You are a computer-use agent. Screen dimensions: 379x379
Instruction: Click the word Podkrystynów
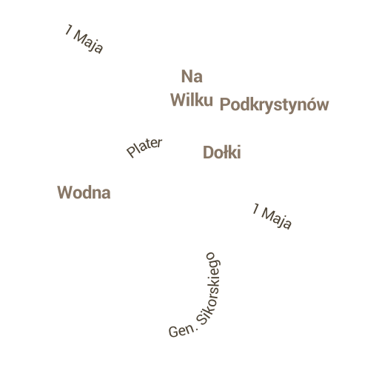[x=274, y=105]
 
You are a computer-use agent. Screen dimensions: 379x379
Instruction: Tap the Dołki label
[x=222, y=152]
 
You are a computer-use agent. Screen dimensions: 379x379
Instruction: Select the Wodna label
[x=84, y=192]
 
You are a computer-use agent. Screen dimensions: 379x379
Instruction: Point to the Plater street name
[x=144, y=147]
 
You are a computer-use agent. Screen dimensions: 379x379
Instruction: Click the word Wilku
[x=192, y=100]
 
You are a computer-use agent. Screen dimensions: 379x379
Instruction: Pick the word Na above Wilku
[x=192, y=76]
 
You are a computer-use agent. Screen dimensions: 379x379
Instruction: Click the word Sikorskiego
[x=209, y=289]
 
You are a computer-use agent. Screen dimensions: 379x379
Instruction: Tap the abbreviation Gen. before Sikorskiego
[x=183, y=331]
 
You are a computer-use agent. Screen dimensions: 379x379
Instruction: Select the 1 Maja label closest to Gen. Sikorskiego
[x=272, y=216]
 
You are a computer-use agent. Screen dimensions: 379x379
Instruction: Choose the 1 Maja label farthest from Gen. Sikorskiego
[x=84, y=38]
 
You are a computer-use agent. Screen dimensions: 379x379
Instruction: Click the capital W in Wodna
[x=64, y=192]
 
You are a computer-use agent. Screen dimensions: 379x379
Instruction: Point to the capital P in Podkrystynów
[x=224, y=104]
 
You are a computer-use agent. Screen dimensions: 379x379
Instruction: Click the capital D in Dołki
[x=208, y=152]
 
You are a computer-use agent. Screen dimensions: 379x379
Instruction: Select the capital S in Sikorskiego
[x=202, y=319]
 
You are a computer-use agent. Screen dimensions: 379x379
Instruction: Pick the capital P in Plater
[x=131, y=152]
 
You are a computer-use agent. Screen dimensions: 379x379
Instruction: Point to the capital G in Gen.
[x=173, y=332]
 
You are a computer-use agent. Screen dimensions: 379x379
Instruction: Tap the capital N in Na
[x=187, y=76]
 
